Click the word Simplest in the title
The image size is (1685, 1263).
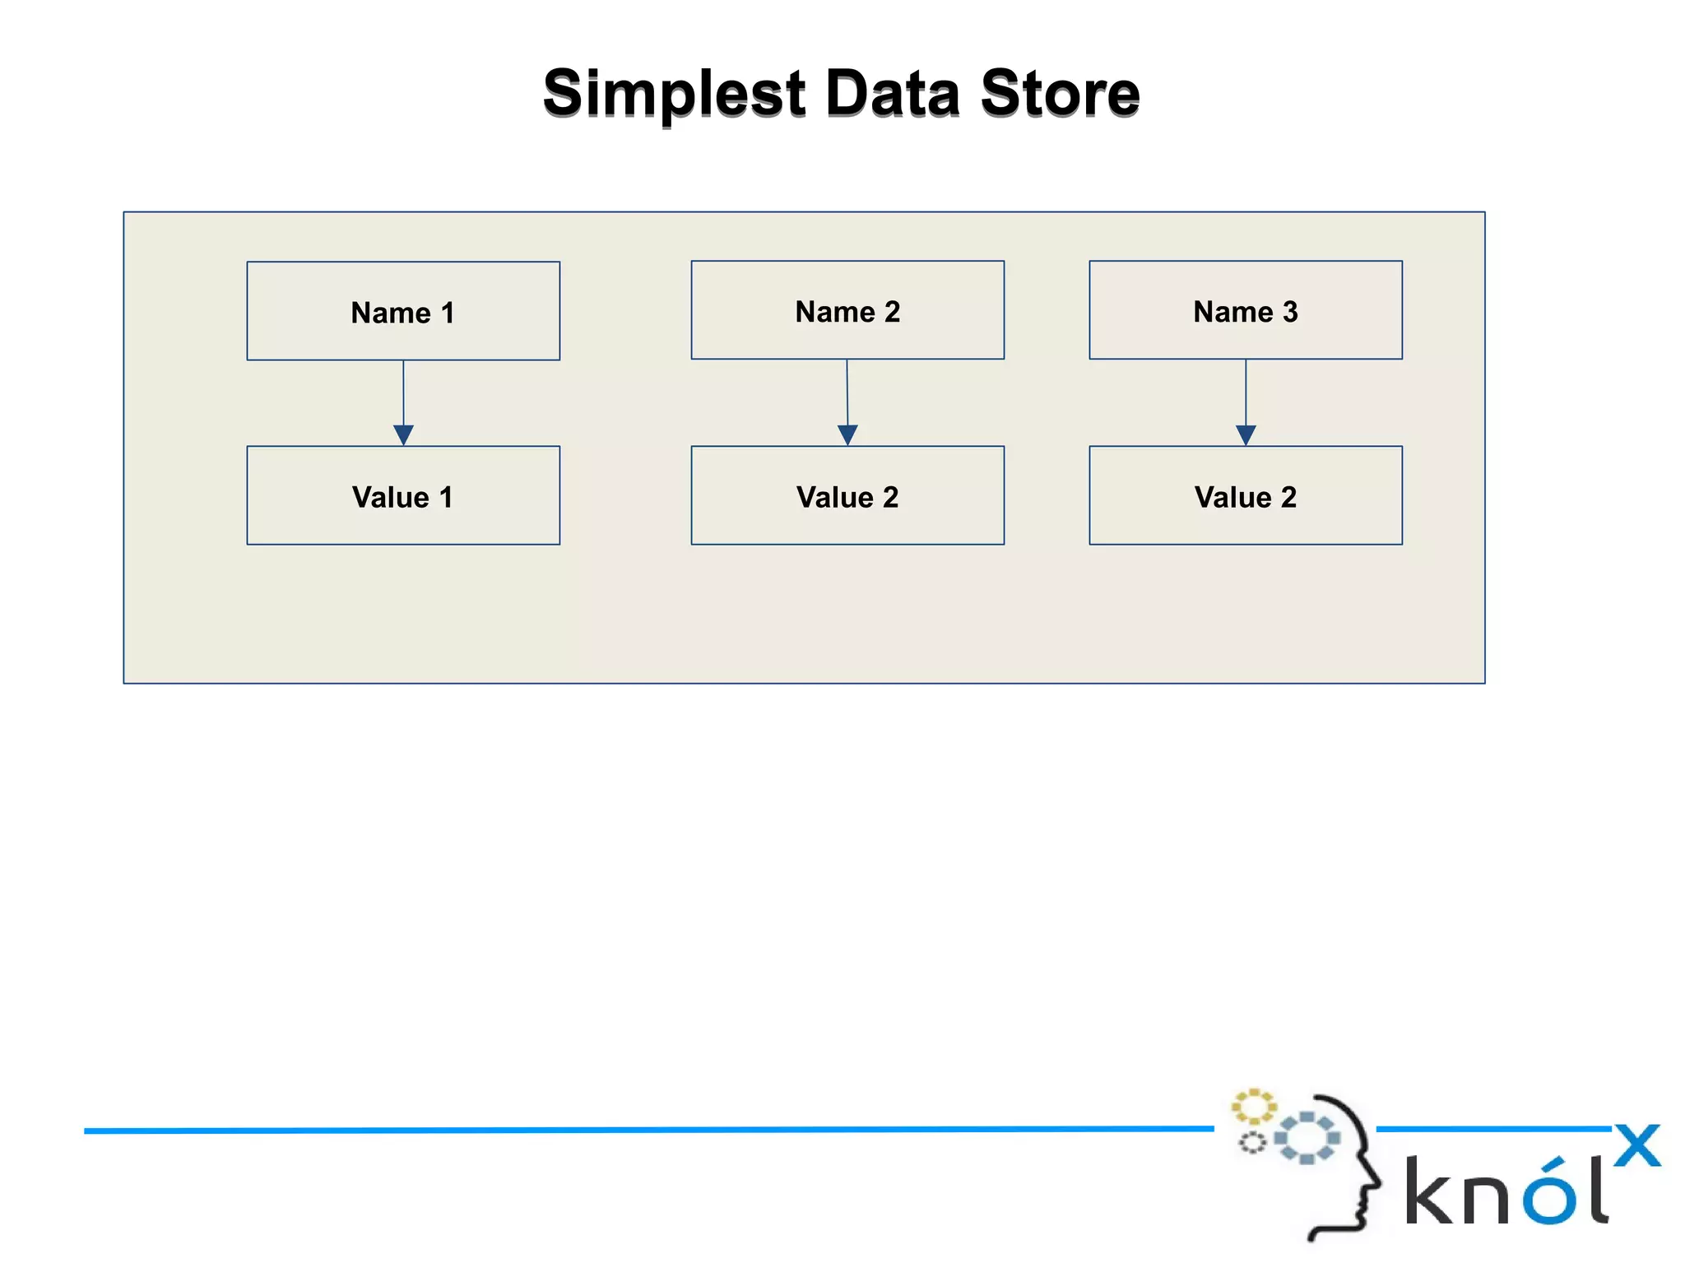tap(673, 93)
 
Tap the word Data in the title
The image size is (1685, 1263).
tap(892, 93)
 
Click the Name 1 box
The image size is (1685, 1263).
tap(403, 311)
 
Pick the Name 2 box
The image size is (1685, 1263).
tap(847, 310)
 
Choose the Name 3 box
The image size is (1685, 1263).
tap(1246, 310)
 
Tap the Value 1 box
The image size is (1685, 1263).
tap(403, 495)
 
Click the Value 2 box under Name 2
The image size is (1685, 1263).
tap(847, 495)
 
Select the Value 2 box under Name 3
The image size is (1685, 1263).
tap(1246, 495)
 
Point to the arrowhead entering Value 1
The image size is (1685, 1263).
tap(403, 434)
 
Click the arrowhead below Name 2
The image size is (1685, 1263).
tap(847, 434)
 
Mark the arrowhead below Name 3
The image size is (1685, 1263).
tap(1246, 434)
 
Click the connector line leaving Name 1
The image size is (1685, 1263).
tap(403, 392)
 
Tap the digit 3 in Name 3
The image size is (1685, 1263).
tap(1290, 312)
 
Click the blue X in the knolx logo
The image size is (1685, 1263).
tap(1636, 1145)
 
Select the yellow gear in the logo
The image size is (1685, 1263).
tap(1253, 1107)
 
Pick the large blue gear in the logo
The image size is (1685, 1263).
tap(1307, 1138)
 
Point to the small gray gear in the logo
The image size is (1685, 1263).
tap(1252, 1143)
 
